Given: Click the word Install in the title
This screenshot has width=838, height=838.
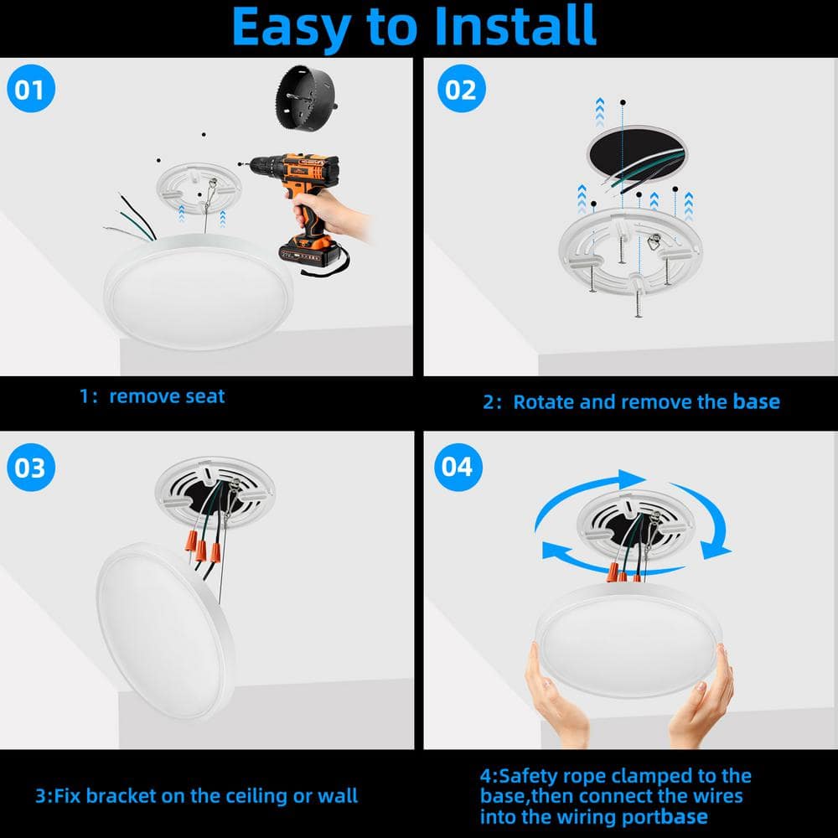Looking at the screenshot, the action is (515, 26).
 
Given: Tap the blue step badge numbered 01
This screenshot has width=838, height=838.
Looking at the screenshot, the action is (31, 89).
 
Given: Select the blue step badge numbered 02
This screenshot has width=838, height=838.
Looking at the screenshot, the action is (461, 89).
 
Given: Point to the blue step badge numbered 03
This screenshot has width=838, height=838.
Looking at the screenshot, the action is (31, 467).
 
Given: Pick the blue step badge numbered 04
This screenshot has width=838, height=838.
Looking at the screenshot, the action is (458, 467).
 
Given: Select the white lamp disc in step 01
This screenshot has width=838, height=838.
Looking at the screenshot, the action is (199, 292).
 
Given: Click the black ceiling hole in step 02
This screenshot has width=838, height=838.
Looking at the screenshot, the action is (637, 154).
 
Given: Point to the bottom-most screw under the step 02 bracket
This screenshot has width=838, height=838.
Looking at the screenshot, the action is (638, 303).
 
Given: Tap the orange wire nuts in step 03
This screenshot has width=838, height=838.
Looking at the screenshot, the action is (203, 546).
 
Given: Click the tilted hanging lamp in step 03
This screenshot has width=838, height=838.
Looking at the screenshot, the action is (166, 632).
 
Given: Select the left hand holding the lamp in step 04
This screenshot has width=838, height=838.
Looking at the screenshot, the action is (556, 697).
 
